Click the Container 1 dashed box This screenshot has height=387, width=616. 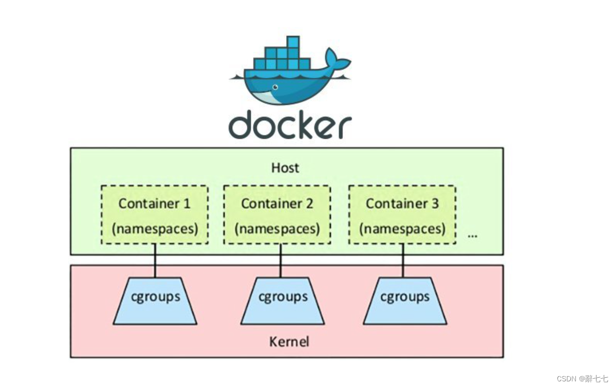155,215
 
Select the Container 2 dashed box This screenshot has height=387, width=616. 277,215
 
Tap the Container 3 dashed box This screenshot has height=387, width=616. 402,215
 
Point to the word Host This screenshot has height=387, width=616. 285,168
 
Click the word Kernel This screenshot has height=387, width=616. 289,341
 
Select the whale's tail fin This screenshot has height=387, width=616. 337,61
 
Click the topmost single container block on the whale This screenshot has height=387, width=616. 293,42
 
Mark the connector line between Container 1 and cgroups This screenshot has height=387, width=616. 155,261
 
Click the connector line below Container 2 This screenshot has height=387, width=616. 281,261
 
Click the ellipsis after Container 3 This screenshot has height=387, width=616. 473,235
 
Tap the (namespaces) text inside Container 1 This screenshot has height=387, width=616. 155,229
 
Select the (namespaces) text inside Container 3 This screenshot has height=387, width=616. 402,229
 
